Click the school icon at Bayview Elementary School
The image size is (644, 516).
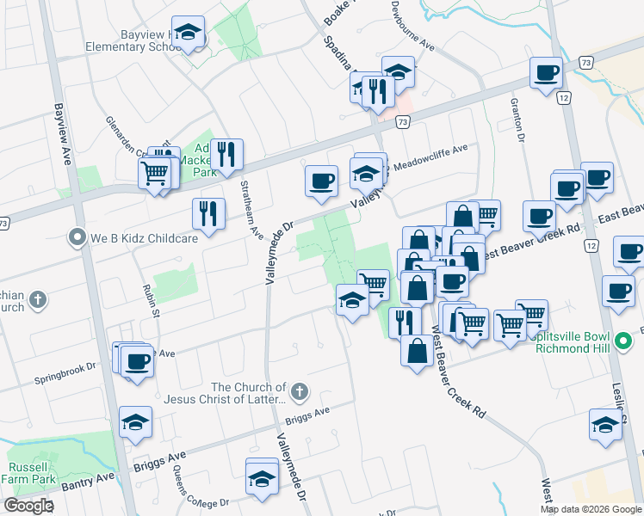click(188, 34)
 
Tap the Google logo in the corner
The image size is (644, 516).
click(28, 506)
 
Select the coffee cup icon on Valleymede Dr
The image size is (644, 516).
click(321, 181)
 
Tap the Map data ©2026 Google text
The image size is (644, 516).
click(591, 509)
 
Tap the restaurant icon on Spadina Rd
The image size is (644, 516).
click(377, 89)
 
